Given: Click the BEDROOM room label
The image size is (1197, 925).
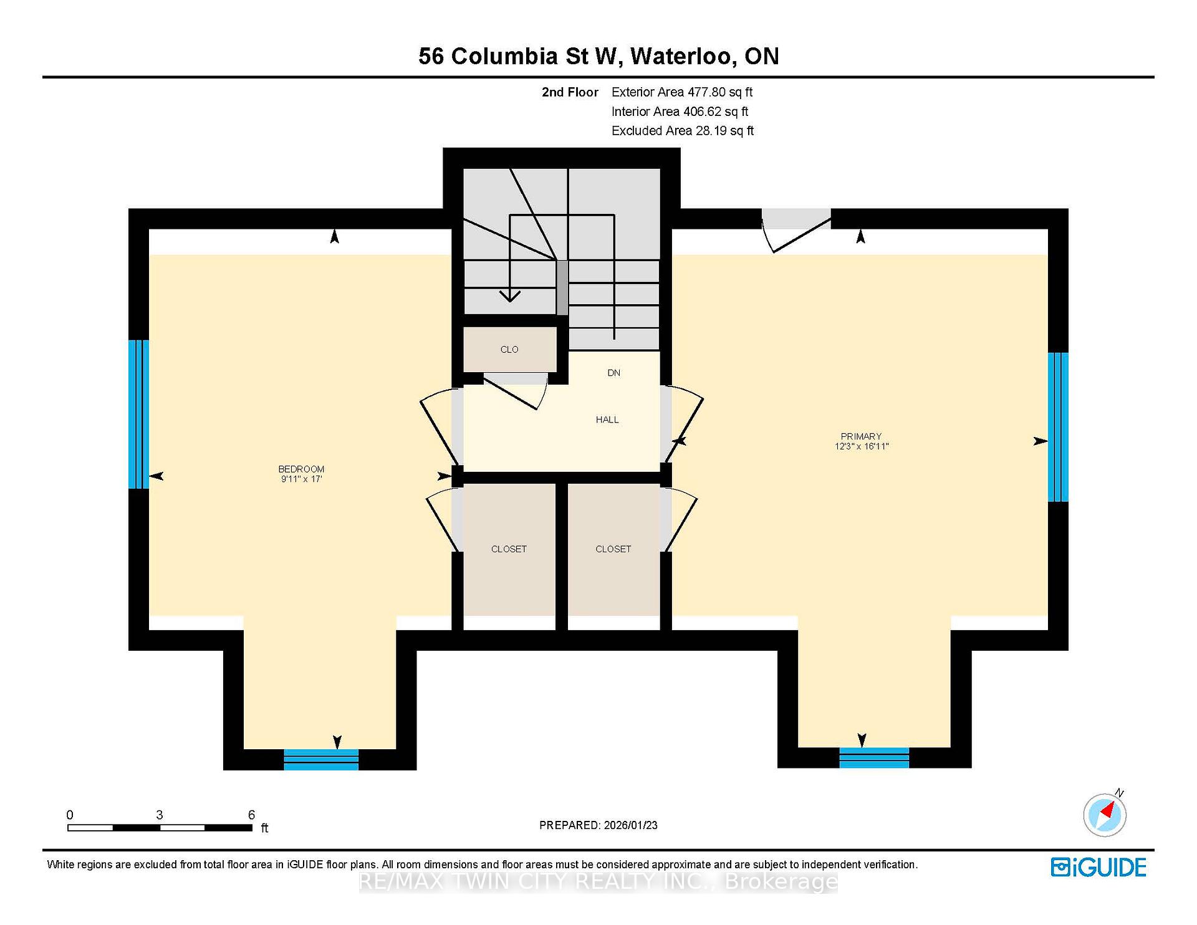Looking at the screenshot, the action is point(301,469).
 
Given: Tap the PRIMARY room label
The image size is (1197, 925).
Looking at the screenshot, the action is point(861,436).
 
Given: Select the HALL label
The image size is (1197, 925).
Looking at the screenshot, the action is point(607,419).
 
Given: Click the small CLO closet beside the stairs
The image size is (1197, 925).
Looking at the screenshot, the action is point(509,349).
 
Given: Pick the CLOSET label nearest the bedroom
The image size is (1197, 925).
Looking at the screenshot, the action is point(509,549).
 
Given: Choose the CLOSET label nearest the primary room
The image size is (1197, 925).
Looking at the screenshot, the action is point(613,549).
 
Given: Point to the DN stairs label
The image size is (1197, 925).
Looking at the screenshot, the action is point(614,373).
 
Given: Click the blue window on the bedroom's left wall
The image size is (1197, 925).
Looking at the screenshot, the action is point(138,414).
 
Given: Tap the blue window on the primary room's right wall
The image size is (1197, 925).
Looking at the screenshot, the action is point(1058,427).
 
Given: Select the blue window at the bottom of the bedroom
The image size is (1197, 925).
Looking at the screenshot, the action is point(321,759).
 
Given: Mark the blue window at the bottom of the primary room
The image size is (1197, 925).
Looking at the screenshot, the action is point(874,757).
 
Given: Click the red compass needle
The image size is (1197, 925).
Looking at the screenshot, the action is point(1108,810).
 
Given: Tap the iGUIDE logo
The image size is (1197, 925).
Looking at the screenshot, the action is point(1098,868).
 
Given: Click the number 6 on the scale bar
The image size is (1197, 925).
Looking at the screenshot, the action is point(251,815).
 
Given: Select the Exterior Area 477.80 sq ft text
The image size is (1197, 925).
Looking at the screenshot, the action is point(682,92).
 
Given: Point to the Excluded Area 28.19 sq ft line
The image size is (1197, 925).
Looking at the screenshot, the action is point(683,131).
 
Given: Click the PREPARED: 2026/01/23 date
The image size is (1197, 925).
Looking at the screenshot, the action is point(598,825).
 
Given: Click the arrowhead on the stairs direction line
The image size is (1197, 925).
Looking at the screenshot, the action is point(510,296).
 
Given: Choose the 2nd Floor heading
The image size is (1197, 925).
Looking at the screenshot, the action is point(570,92).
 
